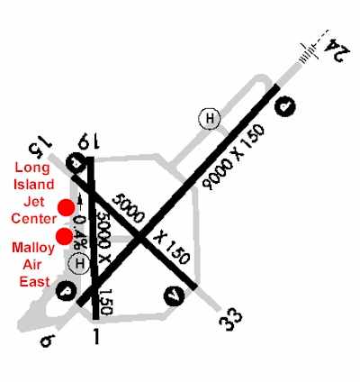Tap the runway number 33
coord(230,320)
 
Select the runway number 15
coord(40,145)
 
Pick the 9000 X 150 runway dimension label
coord(233,157)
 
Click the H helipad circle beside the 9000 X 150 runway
coord(210,118)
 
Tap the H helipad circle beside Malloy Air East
coord(79,264)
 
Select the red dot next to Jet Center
coord(66,208)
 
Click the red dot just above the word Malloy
coord(65,236)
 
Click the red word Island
coord(34,185)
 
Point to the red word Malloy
coord(33,249)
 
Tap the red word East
coord(34,282)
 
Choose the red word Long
coord(32,168)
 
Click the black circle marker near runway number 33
coord(175,296)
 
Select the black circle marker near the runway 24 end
coord(285,106)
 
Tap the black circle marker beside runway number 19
coord(76,163)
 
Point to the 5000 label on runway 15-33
coord(128,208)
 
